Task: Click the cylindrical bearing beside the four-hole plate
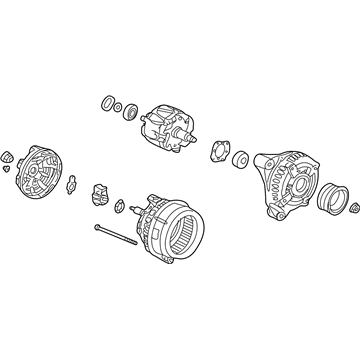point(241,160)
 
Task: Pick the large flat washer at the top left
point(105,104)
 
